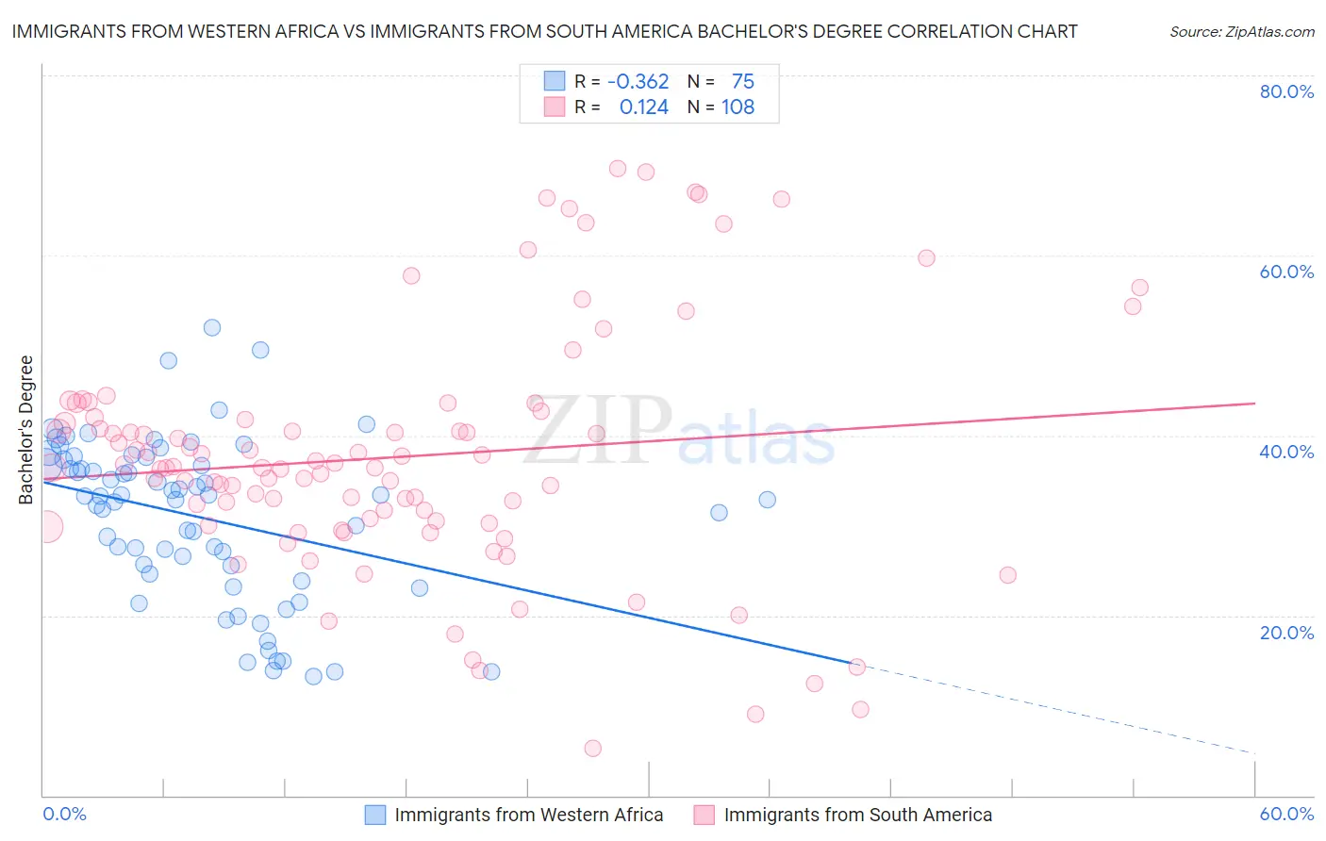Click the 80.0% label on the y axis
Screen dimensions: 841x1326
tap(1286, 91)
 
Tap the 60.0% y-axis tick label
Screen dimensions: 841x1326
tap(1286, 272)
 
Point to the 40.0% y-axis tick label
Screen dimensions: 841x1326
tap(1286, 452)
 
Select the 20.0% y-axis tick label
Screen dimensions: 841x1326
tap(1286, 633)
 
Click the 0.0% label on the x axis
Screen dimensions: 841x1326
tap(65, 814)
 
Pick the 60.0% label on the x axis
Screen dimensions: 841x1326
tap(1286, 814)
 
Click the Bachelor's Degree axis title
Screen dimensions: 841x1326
tap(26, 430)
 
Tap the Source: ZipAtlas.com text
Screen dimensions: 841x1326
tap(1241, 32)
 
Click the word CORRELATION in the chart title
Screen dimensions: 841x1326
tap(943, 32)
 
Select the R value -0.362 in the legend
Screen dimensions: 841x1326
tap(638, 82)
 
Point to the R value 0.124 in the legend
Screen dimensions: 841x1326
tap(643, 107)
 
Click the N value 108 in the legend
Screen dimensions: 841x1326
tap(738, 107)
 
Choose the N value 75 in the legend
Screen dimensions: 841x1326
tap(742, 82)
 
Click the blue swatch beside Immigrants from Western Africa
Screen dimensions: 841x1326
tap(375, 815)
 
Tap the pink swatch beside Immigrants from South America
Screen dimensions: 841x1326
tap(704, 815)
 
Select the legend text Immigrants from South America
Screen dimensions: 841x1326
tap(857, 815)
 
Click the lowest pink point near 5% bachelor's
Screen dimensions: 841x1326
tap(592, 749)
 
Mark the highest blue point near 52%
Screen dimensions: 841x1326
tap(212, 327)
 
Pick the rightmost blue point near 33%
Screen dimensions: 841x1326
tap(767, 500)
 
